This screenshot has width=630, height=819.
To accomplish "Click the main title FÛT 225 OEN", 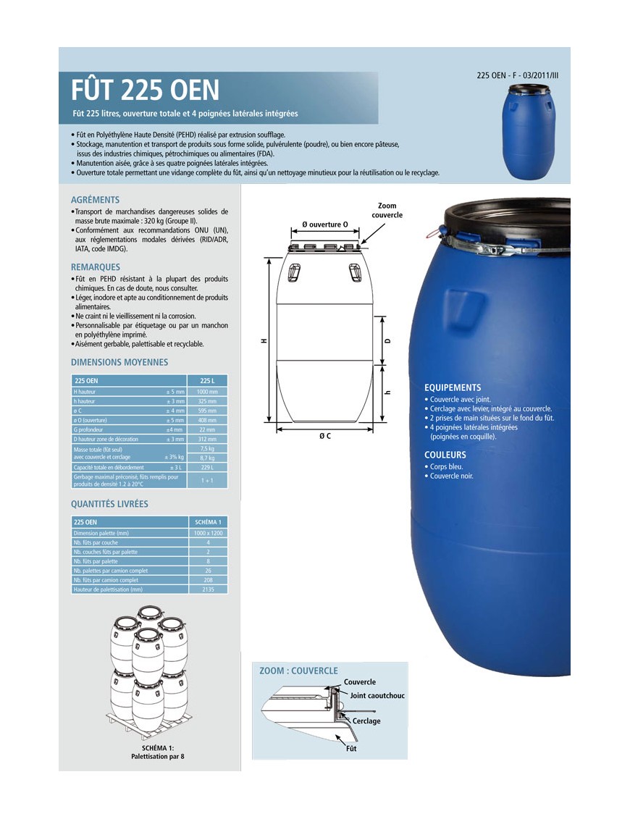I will point(145,90).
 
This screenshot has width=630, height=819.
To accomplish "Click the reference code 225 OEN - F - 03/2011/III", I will point(518,75).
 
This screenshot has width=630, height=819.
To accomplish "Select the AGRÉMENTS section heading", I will point(95,200).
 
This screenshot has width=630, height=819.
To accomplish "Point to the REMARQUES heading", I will point(96,267).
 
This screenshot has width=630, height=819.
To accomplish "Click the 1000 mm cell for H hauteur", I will point(208,391).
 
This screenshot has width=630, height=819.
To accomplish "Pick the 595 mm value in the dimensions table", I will point(208,411).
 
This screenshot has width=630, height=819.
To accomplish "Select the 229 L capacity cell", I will point(208,468).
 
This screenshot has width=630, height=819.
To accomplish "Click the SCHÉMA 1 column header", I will point(208,521).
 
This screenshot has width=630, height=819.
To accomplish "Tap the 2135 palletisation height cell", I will point(208,589).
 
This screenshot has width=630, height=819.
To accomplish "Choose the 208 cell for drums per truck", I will point(208,580).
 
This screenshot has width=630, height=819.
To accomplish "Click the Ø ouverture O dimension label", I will point(325,224).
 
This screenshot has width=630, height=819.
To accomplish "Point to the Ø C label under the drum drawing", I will point(325,437).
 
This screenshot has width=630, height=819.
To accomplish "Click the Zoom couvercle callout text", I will point(387,211).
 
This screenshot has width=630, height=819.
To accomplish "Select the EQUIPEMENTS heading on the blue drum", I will point(453,387).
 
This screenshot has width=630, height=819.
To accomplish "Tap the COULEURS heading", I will point(445,455).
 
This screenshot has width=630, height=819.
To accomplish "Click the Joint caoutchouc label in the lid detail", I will point(377,696).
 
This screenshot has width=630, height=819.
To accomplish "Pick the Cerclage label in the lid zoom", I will point(366,721).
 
